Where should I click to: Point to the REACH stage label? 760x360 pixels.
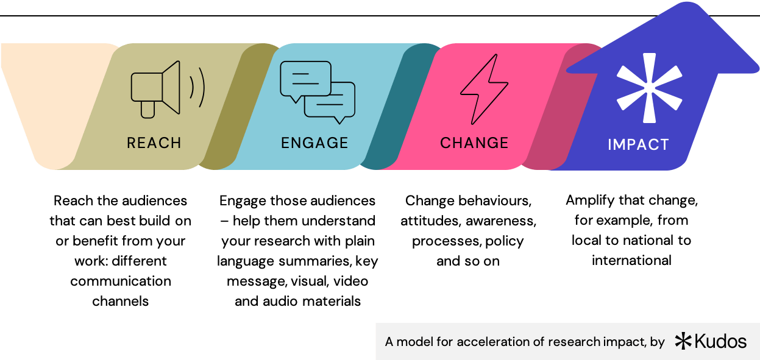tap(154, 143)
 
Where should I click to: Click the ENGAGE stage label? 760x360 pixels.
tap(314, 143)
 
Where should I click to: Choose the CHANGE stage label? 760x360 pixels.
tap(474, 143)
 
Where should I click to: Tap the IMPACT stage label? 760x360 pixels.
tap(638, 145)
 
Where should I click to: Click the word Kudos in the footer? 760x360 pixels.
tap(720, 342)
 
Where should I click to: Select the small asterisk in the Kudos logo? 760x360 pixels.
tap(683, 342)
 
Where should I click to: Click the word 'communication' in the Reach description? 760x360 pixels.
tap(121, 281)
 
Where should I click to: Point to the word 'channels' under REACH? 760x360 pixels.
tap(121, 301)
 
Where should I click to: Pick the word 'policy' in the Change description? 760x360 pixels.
tap(505, 241)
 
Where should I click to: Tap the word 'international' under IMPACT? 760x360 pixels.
tap(631, 260)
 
